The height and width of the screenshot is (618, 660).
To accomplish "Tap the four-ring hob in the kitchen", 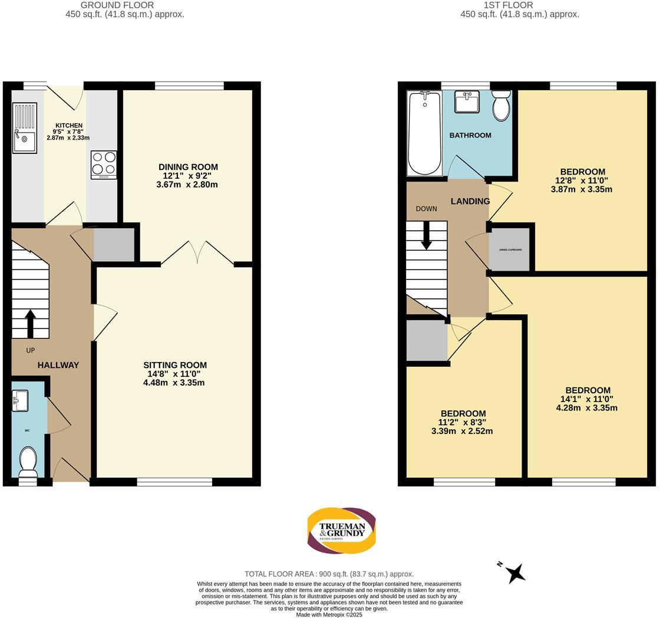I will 104,165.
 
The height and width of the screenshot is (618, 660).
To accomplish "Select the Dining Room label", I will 188,167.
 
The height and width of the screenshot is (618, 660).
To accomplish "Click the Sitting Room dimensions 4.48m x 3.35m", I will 174,383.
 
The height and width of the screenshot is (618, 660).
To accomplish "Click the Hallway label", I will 58,365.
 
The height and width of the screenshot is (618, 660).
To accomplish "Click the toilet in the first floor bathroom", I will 501,105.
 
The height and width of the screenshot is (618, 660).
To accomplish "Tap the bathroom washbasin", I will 467,101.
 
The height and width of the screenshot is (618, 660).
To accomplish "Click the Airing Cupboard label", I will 510,249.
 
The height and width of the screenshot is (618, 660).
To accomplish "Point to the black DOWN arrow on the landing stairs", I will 426,235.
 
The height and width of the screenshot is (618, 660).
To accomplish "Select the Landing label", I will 470,201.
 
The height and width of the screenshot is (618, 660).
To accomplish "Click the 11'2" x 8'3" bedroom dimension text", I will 462,422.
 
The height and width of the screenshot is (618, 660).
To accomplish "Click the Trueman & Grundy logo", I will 341,530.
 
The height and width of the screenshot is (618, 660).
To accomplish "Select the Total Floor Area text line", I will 329,574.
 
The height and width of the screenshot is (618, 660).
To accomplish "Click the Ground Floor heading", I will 117,5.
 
